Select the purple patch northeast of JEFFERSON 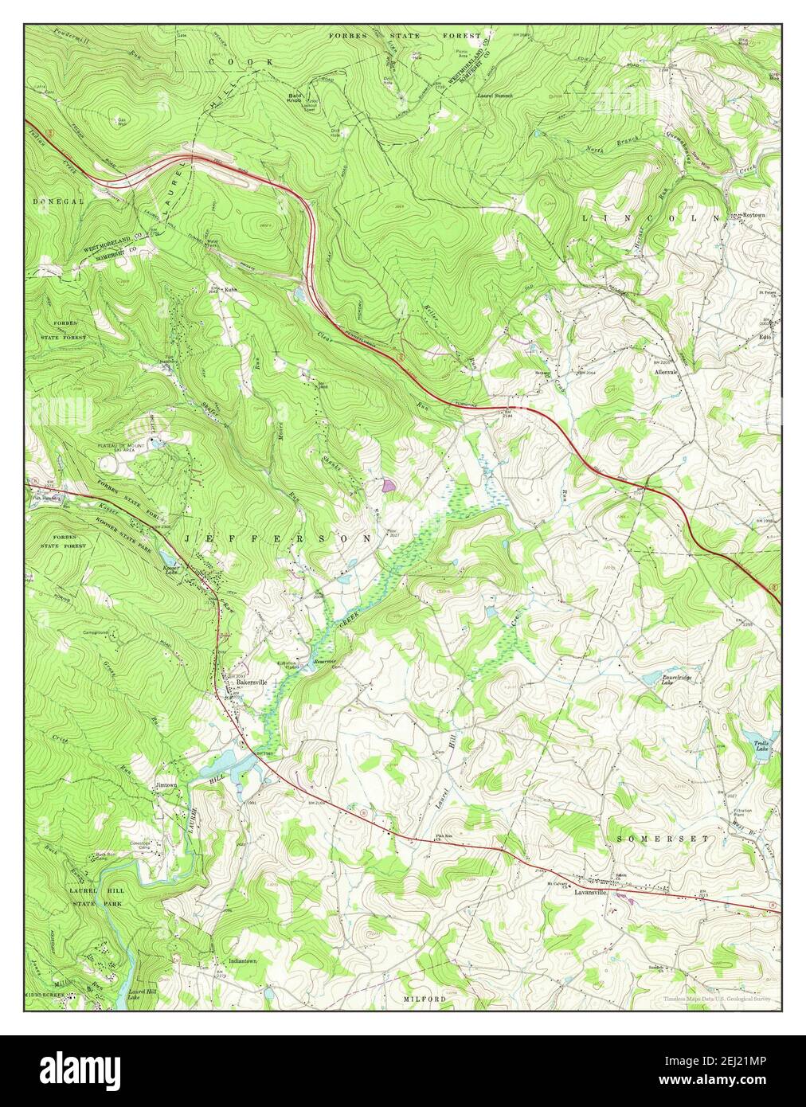point(388,483)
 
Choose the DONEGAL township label point(58,201)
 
